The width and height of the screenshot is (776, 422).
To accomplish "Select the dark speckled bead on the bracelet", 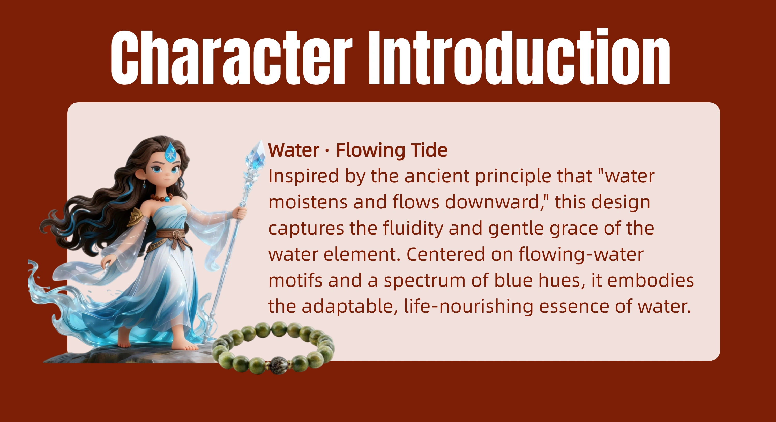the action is [x=278, y=365].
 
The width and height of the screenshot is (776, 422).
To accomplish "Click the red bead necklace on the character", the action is [x=161, y=198].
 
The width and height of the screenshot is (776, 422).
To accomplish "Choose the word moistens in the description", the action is [x=308, y=202].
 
